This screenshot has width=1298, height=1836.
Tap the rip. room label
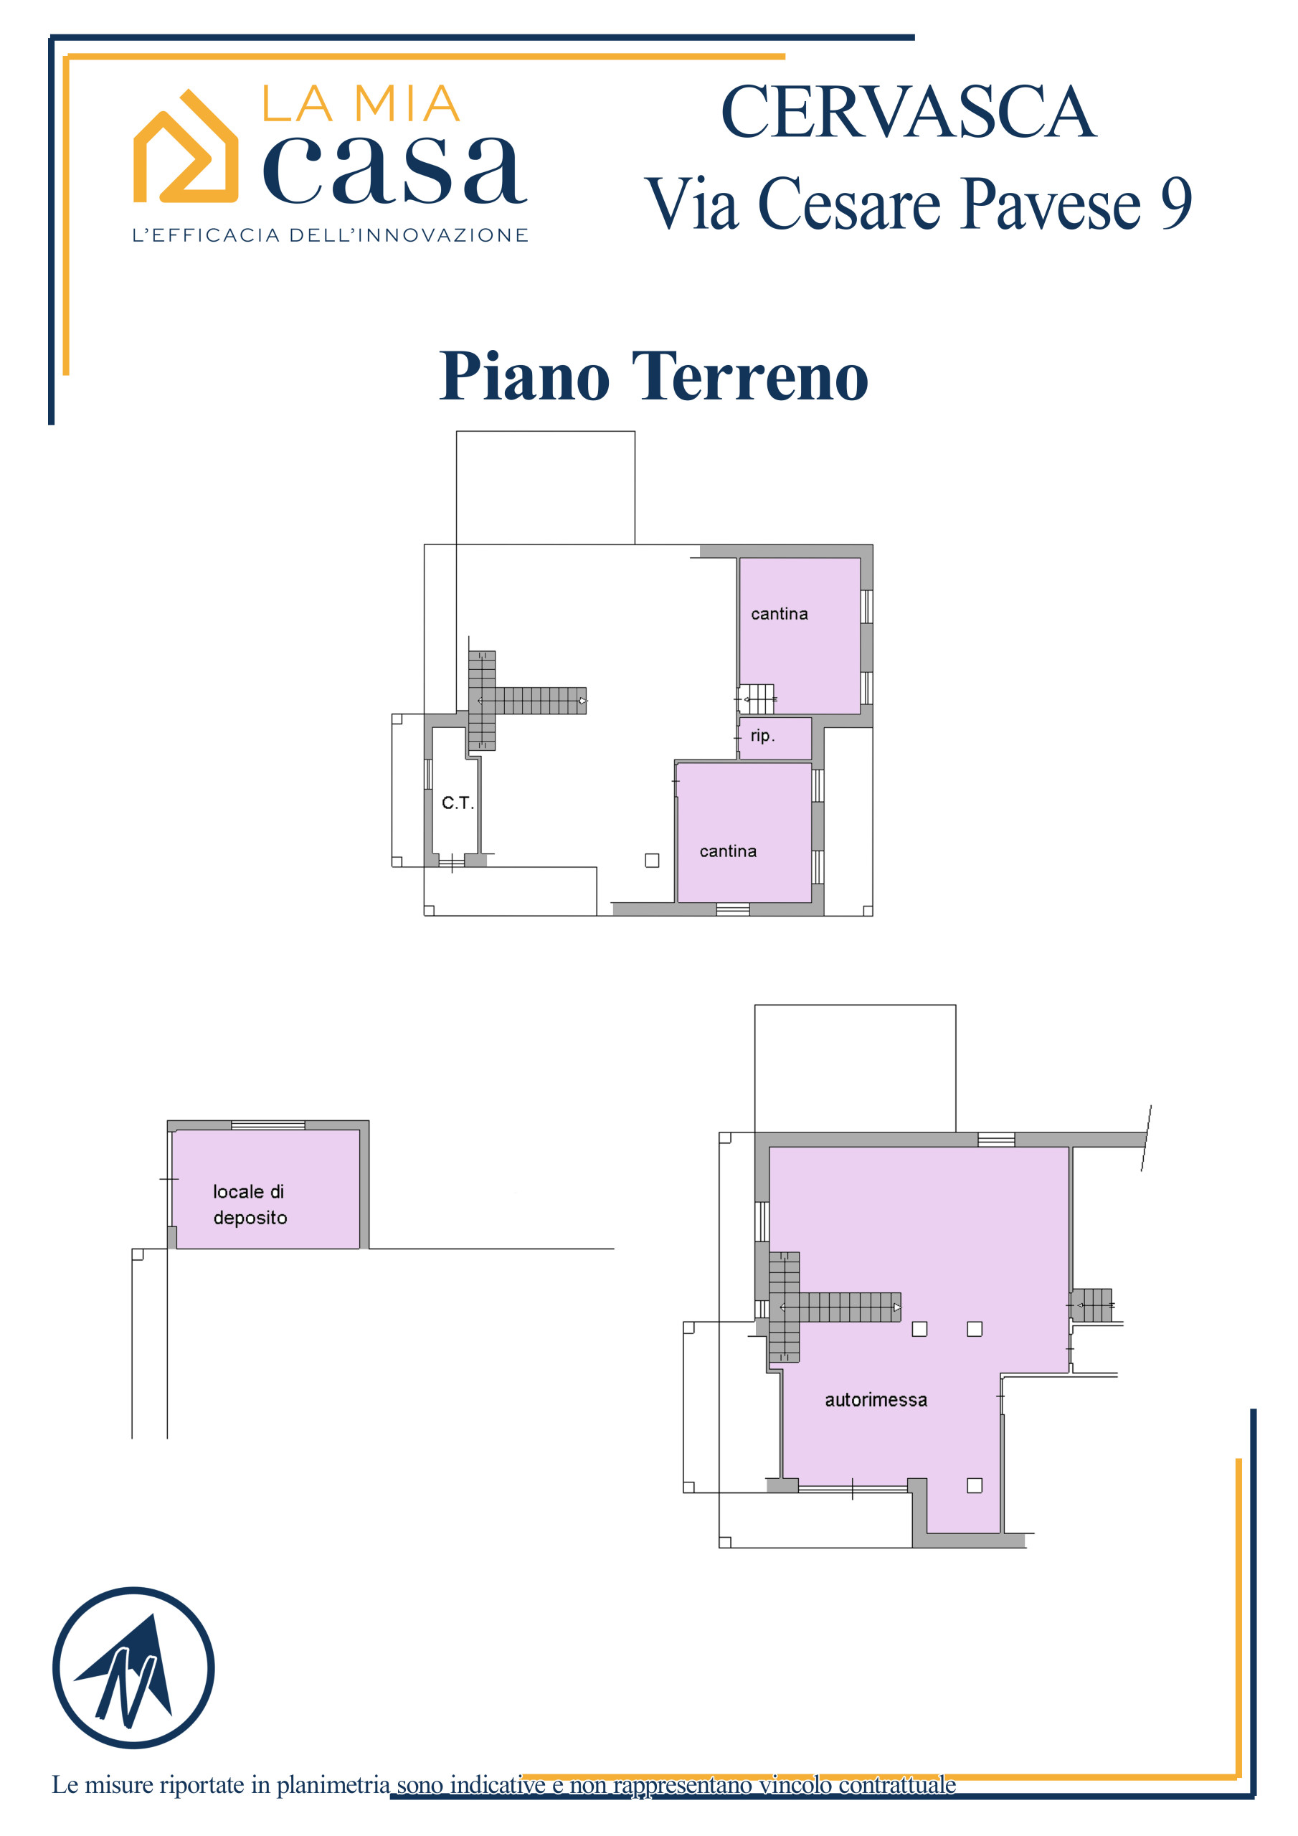point(762,735)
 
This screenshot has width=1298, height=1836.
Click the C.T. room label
point(458,802)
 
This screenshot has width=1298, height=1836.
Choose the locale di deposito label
point(250,1204)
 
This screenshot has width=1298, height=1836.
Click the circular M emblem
point(133,1667)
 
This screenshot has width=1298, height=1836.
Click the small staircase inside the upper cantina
point(756,699)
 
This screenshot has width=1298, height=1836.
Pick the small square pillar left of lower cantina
point(652,861)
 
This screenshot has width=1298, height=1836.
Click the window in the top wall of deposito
point(268,1125)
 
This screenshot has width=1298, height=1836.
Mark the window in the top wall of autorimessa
point(995,1140)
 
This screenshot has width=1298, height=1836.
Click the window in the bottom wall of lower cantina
point(733,909)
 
